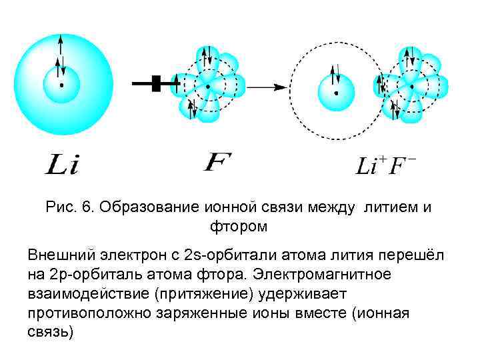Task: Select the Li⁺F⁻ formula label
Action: tap(385, 165)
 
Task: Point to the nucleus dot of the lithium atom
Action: tap(61, 85)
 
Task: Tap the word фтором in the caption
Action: tap(239, 227)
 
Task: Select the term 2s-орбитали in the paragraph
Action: tap(217, 255)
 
